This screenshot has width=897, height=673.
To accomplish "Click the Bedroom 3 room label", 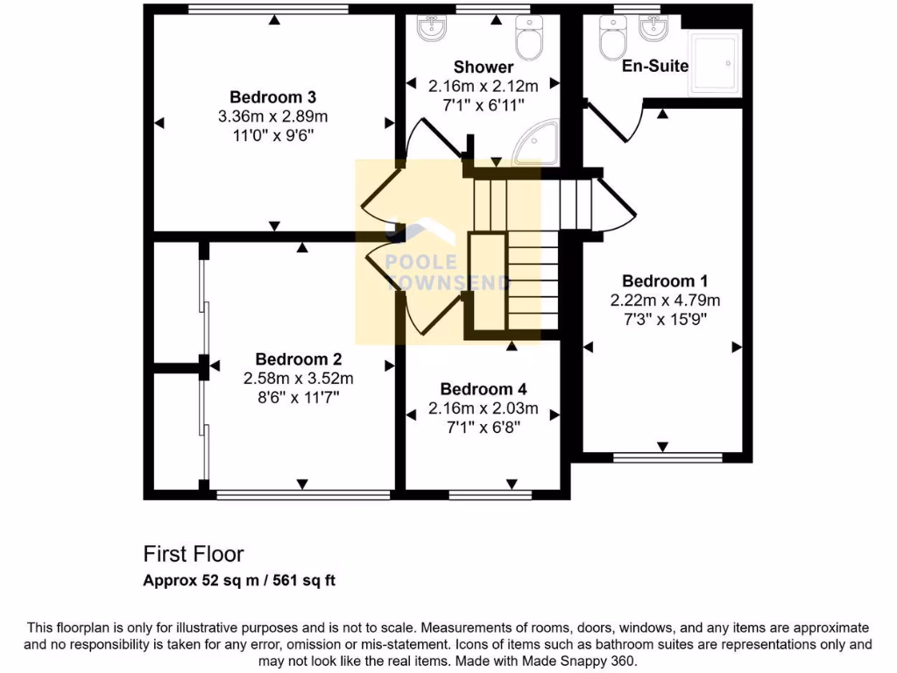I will click(x=272, y=96).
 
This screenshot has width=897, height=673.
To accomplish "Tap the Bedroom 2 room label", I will click(x=298, y=358).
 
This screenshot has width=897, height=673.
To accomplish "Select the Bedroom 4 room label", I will click(x=483, y=389).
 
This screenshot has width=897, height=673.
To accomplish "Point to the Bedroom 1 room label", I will click(x=665, y=280).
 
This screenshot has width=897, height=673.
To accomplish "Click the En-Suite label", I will click(x=655, y=66).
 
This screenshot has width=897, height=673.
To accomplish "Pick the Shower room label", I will click(x=483, y=67).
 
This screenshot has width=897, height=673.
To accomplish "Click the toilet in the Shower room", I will click(x=529, y=35).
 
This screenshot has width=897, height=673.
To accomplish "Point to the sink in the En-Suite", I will click(x=651, y=29).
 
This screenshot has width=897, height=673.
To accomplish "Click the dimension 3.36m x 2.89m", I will click(x=272, y=116).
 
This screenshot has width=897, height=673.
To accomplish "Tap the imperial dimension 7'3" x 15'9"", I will click(x=665, y=319).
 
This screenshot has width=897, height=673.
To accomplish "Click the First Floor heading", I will click(x=194, y=554).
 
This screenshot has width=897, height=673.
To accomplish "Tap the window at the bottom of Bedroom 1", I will click(x=667, y=457).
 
